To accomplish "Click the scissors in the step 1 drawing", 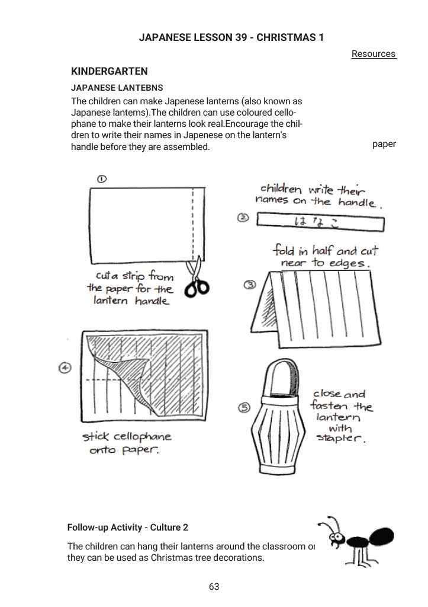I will click(196, 280).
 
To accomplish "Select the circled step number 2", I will click(243, 218).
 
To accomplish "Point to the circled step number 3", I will click(250, 285).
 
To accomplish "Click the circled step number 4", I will click(65, 368).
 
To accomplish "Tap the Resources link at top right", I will click(373, 54).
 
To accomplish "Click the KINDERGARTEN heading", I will click(109, 72).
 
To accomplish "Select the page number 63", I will click(214, 586).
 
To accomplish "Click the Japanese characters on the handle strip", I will click(309, 222).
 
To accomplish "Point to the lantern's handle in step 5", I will click(278, 373).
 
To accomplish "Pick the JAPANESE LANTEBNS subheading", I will click(117, 87).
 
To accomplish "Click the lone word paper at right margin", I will click(384, 144).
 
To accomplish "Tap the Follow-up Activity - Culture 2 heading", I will click(128, 527).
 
